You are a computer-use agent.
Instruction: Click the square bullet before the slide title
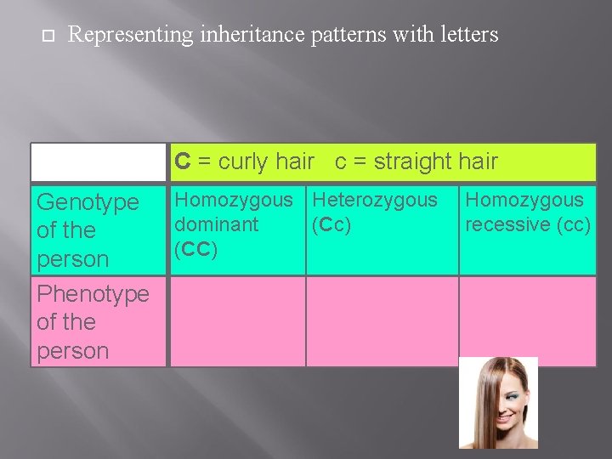[46, 36]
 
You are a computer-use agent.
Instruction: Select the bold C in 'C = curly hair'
[182, 161]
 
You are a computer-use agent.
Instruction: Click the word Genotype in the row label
[88, 202]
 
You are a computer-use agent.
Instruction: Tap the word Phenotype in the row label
[93, 294]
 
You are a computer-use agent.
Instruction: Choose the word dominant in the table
[216, 224]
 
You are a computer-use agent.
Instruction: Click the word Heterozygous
[375, 201]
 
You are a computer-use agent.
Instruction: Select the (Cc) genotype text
[331, 224]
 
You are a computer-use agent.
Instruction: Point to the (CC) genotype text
[195, 249]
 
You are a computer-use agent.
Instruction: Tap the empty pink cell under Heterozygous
[382, 321]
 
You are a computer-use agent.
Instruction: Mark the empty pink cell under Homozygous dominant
[237, 321]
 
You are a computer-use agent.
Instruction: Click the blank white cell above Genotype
[99, 161]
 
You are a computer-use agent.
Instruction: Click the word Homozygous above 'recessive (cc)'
[524, 201]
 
